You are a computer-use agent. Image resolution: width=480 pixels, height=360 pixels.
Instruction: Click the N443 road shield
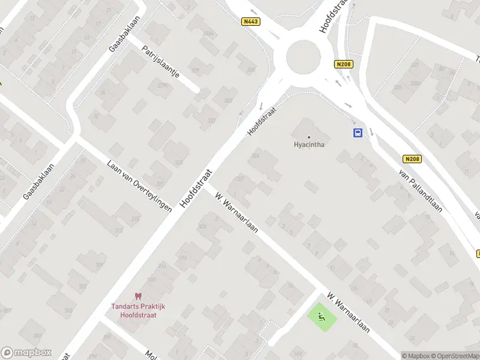coord(251,22)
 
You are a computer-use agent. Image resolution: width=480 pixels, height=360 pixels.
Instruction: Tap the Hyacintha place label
coord(309,145)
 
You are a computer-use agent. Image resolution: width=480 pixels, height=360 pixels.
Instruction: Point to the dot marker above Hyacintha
coord(309,137)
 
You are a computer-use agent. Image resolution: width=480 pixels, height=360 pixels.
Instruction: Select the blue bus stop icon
coord(358,133)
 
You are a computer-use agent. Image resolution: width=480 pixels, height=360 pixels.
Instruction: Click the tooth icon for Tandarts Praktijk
coord(138,296)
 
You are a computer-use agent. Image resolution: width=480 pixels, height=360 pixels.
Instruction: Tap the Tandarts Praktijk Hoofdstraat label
coord(138,310)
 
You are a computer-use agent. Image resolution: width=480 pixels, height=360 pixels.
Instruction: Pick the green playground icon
coord(322,317)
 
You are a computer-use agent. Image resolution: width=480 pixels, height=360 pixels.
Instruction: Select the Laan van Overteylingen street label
coord(139,186)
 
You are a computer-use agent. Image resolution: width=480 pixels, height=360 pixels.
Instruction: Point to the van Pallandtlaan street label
coord(421,190)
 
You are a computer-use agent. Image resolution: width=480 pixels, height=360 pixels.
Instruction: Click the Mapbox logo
coord(26,353)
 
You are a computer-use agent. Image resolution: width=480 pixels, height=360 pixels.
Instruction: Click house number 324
coord(256,156)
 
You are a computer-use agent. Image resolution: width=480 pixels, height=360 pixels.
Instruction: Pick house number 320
coord(202,227)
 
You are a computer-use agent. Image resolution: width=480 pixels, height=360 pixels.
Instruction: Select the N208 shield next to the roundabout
coord(344,64)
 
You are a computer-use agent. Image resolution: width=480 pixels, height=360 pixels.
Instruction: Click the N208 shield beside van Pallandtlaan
coord(411,159)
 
